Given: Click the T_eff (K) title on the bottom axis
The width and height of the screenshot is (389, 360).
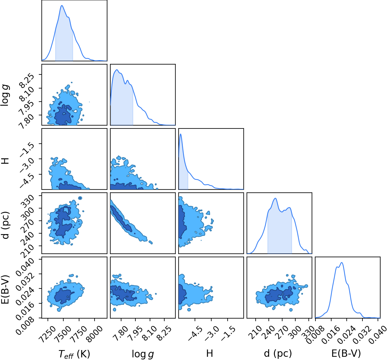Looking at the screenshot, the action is click(74, 354).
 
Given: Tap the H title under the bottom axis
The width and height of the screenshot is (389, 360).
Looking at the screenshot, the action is click(210, 353).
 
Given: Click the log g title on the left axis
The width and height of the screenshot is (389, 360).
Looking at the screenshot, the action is click(5, 95).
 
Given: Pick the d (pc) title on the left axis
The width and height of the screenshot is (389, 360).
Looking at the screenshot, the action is click(5, 225).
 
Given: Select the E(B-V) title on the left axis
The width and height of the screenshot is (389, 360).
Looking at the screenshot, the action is click(5, 289).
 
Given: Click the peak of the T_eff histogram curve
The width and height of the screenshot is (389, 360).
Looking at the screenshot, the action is click(62, 5).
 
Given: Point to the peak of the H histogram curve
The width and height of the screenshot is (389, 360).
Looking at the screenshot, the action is click(181, 134).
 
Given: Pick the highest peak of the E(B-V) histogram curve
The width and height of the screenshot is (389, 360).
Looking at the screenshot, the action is click(342, 262).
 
